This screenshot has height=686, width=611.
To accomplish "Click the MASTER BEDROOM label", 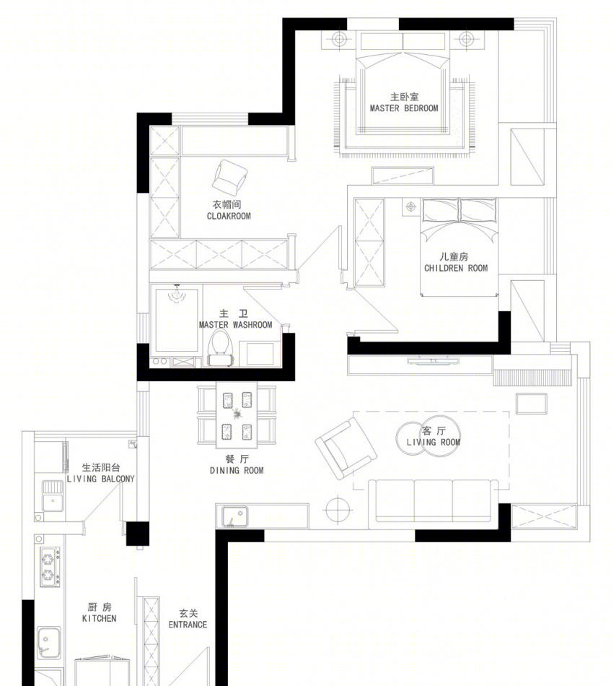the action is click(404, 108).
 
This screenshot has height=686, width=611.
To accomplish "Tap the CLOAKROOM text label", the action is click(229, 216).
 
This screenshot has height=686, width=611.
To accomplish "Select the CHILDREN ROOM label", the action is click(456, 268).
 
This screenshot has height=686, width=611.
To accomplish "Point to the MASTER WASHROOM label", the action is click(235, 325).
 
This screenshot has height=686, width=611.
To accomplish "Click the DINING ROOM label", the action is click(237, 470).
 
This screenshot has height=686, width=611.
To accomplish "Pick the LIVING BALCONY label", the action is click(100, 479).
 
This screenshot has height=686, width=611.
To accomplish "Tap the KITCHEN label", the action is click(100, 618).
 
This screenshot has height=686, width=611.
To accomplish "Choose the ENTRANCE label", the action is click(188, 625).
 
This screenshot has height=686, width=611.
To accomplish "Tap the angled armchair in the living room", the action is click(346, 448).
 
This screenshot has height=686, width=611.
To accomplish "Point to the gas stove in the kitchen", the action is click(50, 566).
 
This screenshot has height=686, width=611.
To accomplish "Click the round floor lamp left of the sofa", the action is click(338, 509).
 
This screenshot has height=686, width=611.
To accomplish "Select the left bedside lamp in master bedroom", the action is click(339, 40).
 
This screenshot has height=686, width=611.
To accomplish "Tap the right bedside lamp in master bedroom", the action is click(466, 40).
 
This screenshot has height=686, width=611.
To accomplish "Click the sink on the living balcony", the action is click(53, 495).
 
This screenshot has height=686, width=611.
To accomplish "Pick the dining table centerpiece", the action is click(237, 414).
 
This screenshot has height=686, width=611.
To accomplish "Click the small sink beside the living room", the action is click(235, 516).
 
